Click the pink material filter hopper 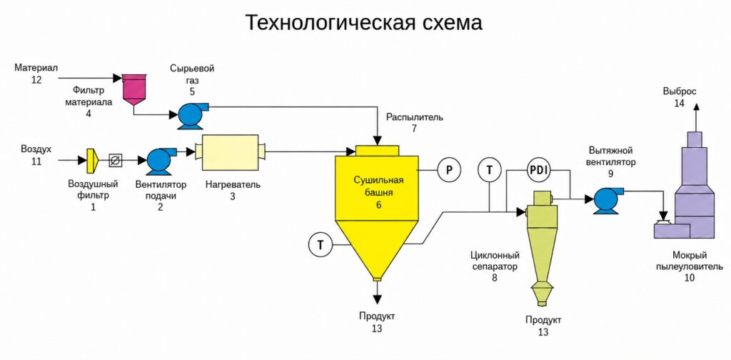pyautogui.click(x=134, y=89)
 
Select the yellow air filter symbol pyautogui.click(x=92, y=161)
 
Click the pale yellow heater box pyautogui.click(x=231, y=152)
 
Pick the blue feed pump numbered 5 pyautogui.click(x=192, y=115)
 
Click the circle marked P pyautogui.click(x=449, y=170)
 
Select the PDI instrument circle pyautogui.click(x=540, y=170)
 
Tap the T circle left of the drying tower pyautogui.click(x=321, y=245)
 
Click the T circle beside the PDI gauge pyautogui.click(x=489, y=170)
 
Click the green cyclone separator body pyautogui.click(x=541, y=247)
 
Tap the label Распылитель pyautogui.click(x=415, y=117)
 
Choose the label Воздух pyautogui.click(x=36, y=149)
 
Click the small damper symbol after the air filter pyautogui.click(x=114, y=161)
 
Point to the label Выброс pyautogui.click(x=680, y=91)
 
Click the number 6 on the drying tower pyautogui.click(x=378, y=204)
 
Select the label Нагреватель pyautogui.click(x=233, y=185)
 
